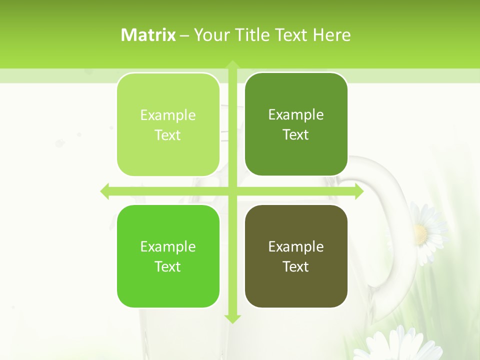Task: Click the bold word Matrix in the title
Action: (x=148, y=35)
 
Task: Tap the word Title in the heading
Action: (x=251, y=35)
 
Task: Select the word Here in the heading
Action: (x=331, y=35)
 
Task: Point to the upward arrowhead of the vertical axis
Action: (x=232, y=65)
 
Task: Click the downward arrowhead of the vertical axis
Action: (x=232, y=318)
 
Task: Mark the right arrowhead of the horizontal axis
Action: (x=358, y=191)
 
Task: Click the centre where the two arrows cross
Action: (x=232, y=191)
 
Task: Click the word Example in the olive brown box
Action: (x=296, y=246)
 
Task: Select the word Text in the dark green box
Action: (x=296, y=135)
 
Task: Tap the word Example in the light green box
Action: (x=168, y=115)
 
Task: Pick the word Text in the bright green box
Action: (x=168, y=266)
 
